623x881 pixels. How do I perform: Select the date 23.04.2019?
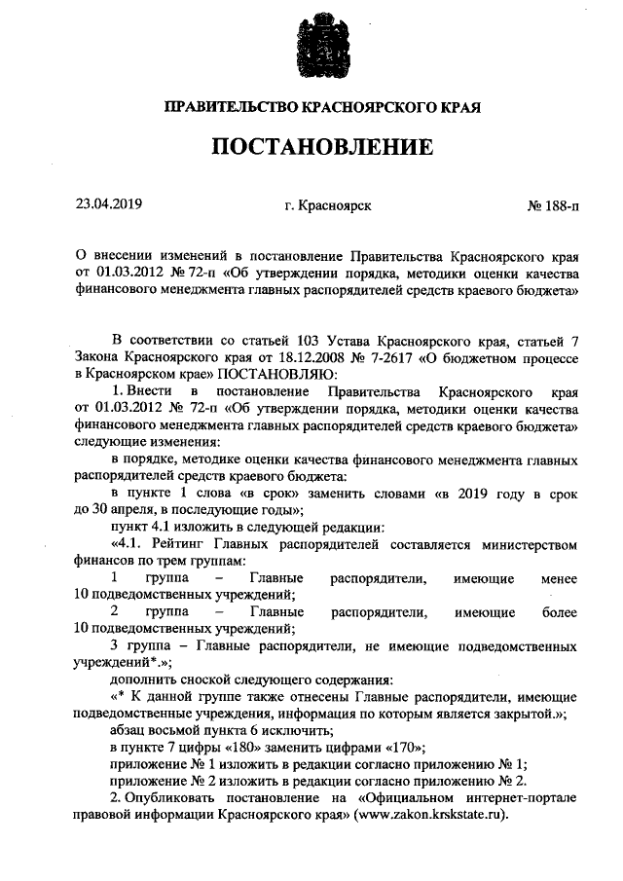109,205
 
